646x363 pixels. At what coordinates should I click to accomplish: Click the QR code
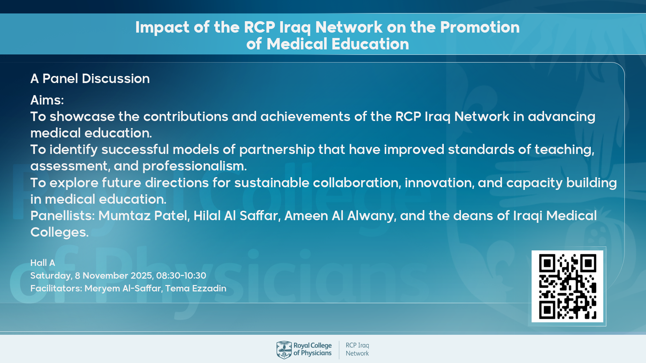click(x=567, y=286)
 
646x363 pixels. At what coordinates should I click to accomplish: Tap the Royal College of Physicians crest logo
click(x=284, y=350)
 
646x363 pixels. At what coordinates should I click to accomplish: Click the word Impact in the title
click(x=163, y=28)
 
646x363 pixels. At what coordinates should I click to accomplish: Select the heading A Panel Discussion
click(x=90, y=79)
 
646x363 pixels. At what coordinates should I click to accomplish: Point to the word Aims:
click(x=47, y=100)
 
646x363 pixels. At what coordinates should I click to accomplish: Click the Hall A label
click(x=43, y=263)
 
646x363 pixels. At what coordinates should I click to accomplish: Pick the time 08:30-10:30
click(x=181, y=276)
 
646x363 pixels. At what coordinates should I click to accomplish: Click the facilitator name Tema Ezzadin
click(x=196, y=288)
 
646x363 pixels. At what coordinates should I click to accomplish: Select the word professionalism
click(x=194, y=166)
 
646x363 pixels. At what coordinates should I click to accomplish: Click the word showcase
click(x=82, y=117)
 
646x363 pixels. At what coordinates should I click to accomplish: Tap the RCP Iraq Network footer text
click(x=357, y=350)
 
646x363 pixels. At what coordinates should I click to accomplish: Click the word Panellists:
click(x=63, y=216)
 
